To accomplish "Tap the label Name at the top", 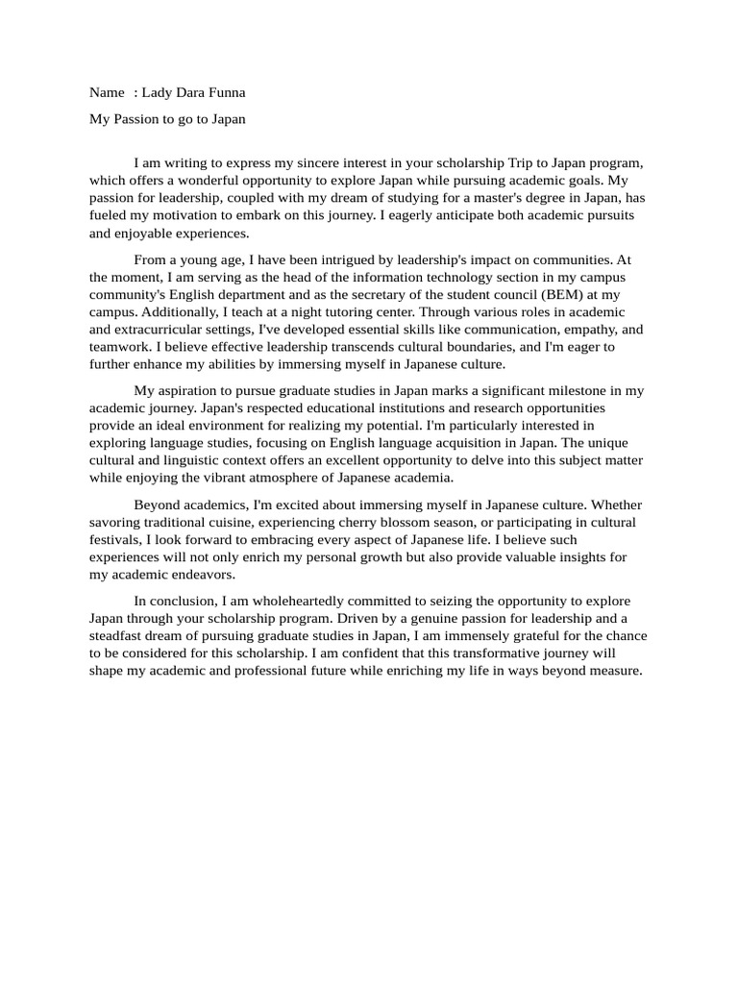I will pos(107,93).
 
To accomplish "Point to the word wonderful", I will pos(231,181).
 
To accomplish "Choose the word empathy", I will pos(578,330).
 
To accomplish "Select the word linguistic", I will pos(191,460).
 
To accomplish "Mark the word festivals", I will pos(115,539).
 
